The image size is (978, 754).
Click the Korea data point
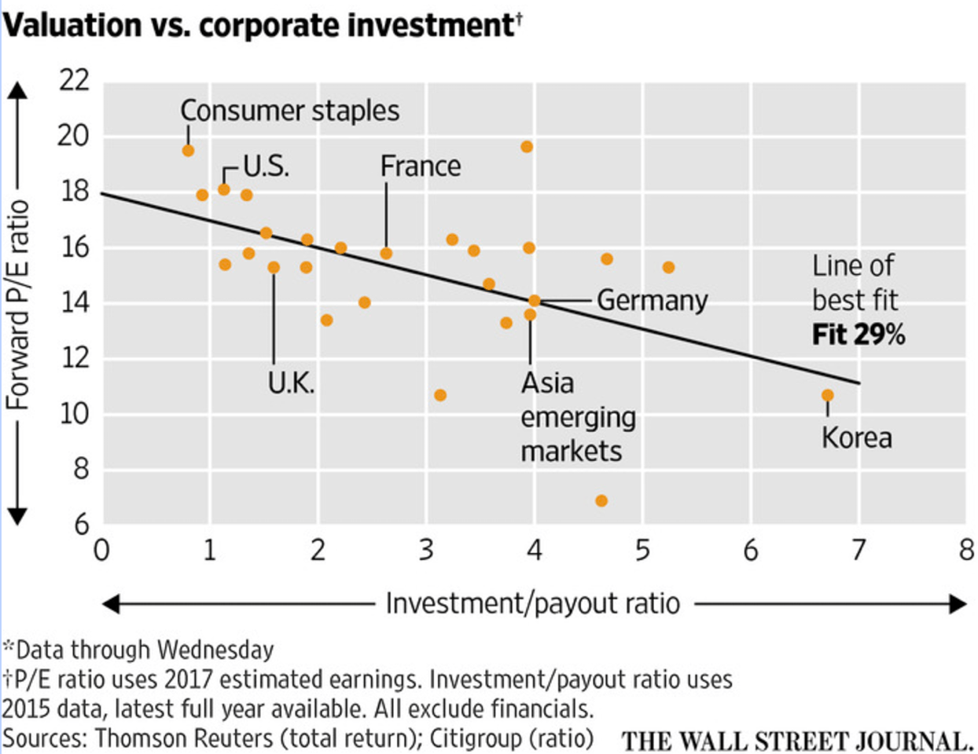pyautogui.click(x=827, y=395)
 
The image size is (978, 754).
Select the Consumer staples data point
pyautogui.click(x=188, y=150)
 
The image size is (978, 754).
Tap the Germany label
pyautogui.click(x=652, y=301)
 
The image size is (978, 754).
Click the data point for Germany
pyautogui.click(x=535, y=301)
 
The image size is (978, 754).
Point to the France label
pyautogui.click(x=421, y=167)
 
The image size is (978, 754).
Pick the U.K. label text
pyautogui.click(x=291, y=383)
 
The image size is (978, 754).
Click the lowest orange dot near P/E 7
pyautogui.click(x=601, y=500)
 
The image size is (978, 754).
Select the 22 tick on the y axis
pyautogui.click(x=74, y=80)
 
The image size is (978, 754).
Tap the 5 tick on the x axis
pyautogui.click(x=642, y=551)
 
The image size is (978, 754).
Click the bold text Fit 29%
pyautogui.click(x=859, y=335)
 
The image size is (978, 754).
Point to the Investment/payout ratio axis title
pyautogui.click(x=532, y=604)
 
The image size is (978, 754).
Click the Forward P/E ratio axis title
pyautogui.click(x=17, y=305)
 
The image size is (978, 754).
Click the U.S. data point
pyautogui.click(x=224, y=189)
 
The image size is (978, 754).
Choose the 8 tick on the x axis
pyautogui.click(x=966, y=551)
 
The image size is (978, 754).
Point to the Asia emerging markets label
pyautogui.click(x=578, y=417)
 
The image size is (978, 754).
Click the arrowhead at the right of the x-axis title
pyautogui.click(x=958, y=604)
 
